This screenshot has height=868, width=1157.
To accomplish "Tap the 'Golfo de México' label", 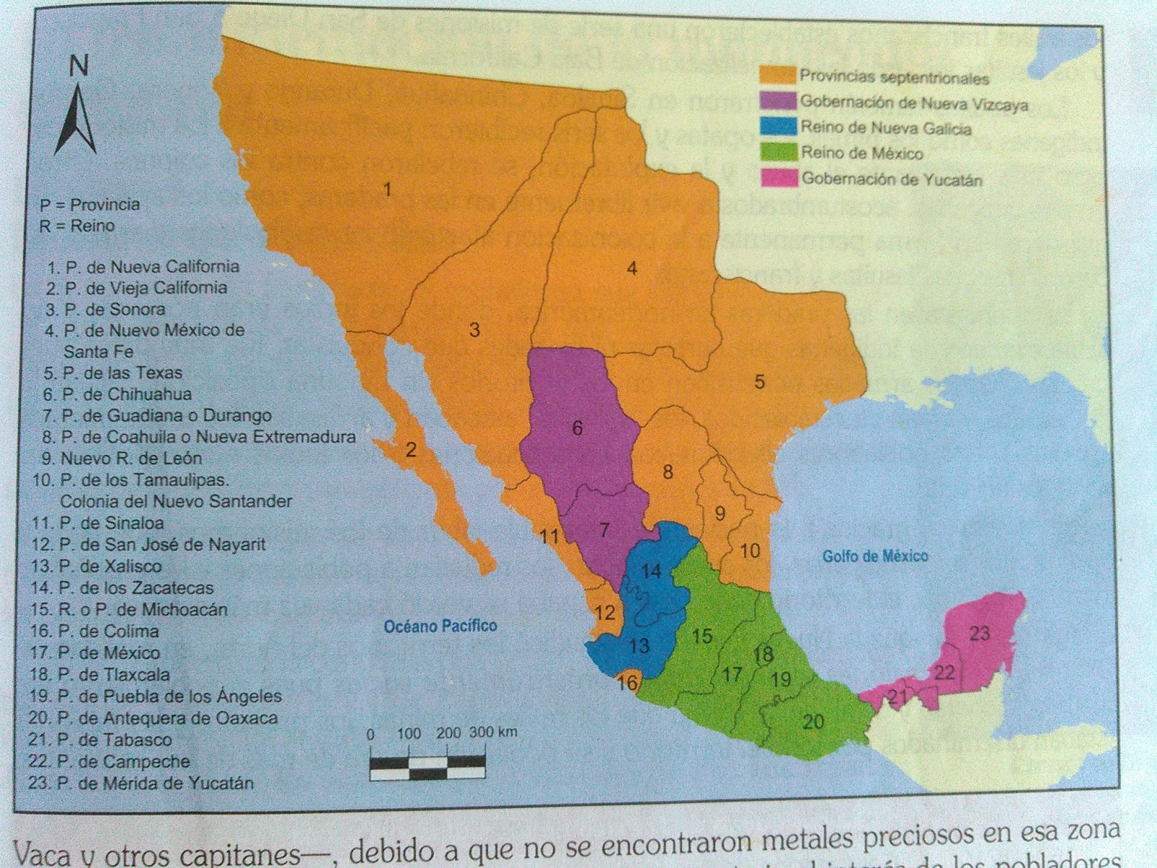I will pos(875,556).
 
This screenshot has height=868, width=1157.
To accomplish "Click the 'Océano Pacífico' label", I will pos(440,626).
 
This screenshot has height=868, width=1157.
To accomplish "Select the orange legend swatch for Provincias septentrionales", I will pos(776,75).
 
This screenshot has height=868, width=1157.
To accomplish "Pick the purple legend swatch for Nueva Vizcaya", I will pos(777,101).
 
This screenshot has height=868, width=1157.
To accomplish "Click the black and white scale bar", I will pos(427,766).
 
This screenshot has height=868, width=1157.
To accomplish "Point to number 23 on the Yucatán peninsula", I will pos(979,634).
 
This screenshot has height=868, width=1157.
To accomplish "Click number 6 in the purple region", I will pos(577,428).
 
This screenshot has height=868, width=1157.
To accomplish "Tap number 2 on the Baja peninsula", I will pos(411,450).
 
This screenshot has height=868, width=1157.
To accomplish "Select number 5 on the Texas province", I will pos(759,381).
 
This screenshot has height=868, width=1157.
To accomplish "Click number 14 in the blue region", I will pos(651,571).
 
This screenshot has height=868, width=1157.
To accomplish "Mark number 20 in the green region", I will pos(814,721).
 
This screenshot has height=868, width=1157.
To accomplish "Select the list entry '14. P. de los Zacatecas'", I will pos(121,588).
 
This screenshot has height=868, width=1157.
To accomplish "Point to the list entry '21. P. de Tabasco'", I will pos(101,740).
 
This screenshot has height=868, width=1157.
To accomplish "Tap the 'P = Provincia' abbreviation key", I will pos(90,204).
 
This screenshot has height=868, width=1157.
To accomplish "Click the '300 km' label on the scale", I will pos(493,731).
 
